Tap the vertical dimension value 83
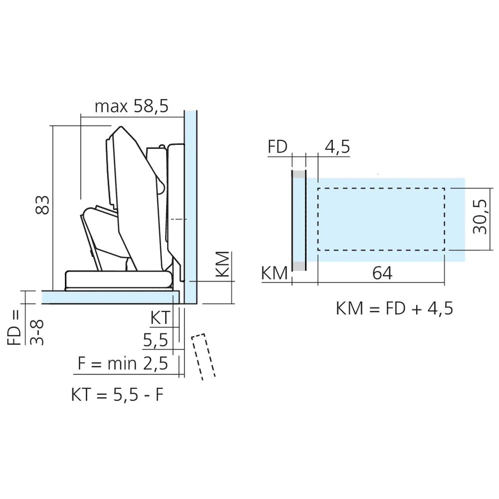42,205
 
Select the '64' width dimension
382,273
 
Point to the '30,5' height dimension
480,217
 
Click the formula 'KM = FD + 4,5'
394,308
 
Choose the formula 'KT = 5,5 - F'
117,395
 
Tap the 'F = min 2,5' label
123,363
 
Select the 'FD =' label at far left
14,327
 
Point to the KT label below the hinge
160,317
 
